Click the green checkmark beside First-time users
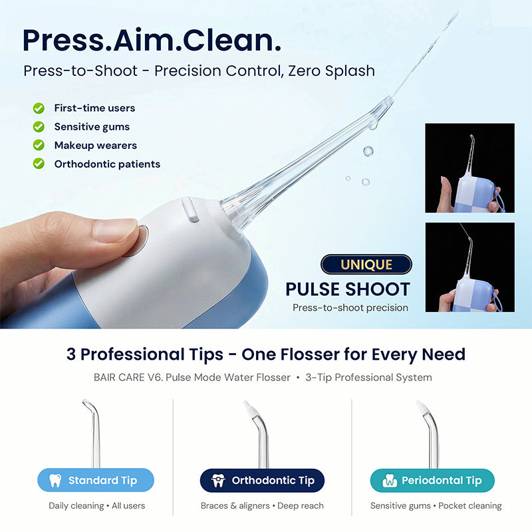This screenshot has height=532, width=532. coord(39,108)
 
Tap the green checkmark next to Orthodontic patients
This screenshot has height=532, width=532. coord(39,164)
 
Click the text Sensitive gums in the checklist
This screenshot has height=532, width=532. coord(92,126)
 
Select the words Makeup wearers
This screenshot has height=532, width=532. coord(95,145)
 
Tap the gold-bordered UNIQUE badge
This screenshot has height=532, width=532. coord(366,265)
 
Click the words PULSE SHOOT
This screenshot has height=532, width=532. coord(348,289)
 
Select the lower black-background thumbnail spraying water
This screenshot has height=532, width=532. coord(469,267)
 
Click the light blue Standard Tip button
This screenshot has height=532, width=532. coord(96,480)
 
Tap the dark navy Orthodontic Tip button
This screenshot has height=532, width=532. coord(262,480)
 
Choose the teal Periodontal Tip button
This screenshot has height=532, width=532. coord(432,480)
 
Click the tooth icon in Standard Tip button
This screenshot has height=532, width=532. coord(56,480)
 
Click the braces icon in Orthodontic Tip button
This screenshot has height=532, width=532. coord(218,480)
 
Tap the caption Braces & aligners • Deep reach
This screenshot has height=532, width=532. coord(262,506)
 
